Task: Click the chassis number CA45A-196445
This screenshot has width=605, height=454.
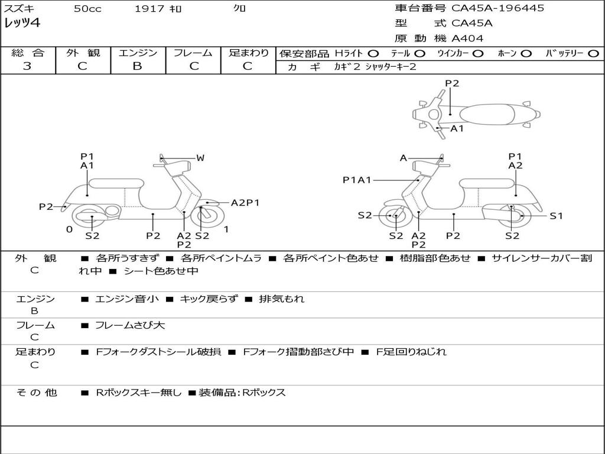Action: coord(498,8)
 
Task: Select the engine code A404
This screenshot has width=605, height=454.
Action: coord(467,38)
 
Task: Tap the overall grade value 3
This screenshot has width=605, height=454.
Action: coord(27,66)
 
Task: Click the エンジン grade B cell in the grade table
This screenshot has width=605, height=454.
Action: coord(137,66)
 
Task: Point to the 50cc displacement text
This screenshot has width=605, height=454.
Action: coord(87,8)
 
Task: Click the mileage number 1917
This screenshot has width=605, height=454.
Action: coord(148,8)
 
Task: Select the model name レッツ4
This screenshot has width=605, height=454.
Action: coord(22,24)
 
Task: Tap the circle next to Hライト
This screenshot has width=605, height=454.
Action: coord(373,53)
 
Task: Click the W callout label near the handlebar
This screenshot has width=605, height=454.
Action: coord(200,158)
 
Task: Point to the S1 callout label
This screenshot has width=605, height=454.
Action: coord(556,216)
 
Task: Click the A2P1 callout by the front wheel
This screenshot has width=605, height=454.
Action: coord(245,203)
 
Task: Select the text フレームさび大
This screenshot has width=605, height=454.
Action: coord(130,325)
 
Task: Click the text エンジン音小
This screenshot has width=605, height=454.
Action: coord(127,299)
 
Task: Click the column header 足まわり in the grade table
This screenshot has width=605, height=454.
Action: coord(248,53)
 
